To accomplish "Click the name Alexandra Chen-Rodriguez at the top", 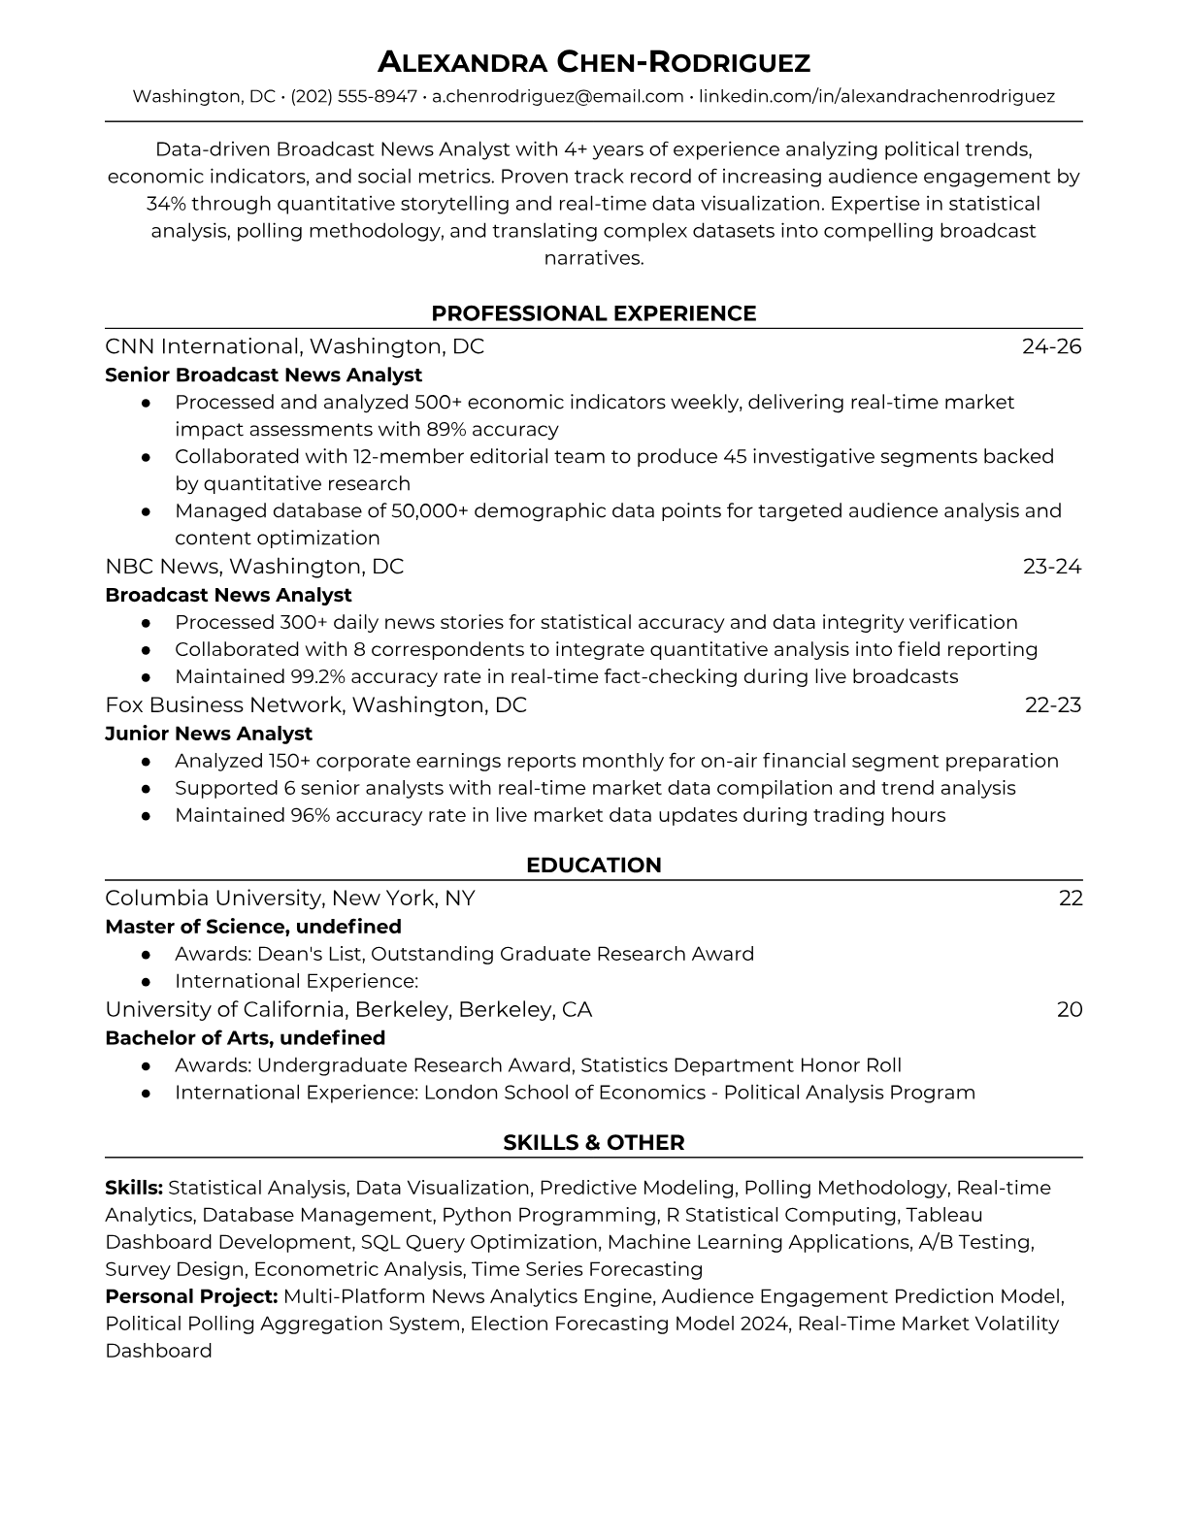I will [593, 63].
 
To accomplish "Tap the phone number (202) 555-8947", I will [354, 96].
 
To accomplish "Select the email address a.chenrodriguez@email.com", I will [558, 96].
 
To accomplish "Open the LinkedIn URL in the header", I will [876, 96].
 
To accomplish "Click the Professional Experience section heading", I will [593, 313].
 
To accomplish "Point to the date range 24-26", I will [1051, 346].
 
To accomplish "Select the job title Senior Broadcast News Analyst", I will [263, 375].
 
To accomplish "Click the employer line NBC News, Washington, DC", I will [254, 566].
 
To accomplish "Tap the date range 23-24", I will [1052, 566].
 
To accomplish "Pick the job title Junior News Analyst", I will [209, 734].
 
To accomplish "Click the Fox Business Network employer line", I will [315, 704].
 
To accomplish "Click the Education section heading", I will [593, 865].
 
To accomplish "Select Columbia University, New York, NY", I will [290, 898].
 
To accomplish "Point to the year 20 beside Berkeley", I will [1070, 1009].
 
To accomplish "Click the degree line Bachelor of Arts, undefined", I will [245, 1037].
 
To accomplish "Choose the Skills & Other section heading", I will [593, 1142].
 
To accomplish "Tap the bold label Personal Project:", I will [191, 1296].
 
